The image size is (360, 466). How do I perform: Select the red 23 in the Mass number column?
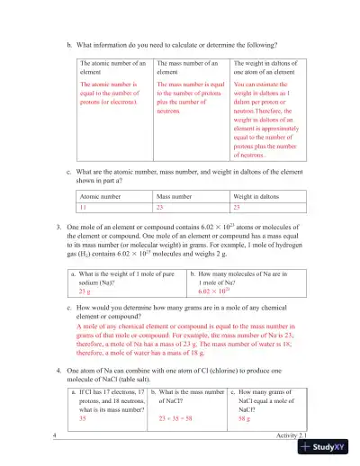tap(161, 206)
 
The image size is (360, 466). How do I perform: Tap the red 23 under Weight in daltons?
tap(238, 206)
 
